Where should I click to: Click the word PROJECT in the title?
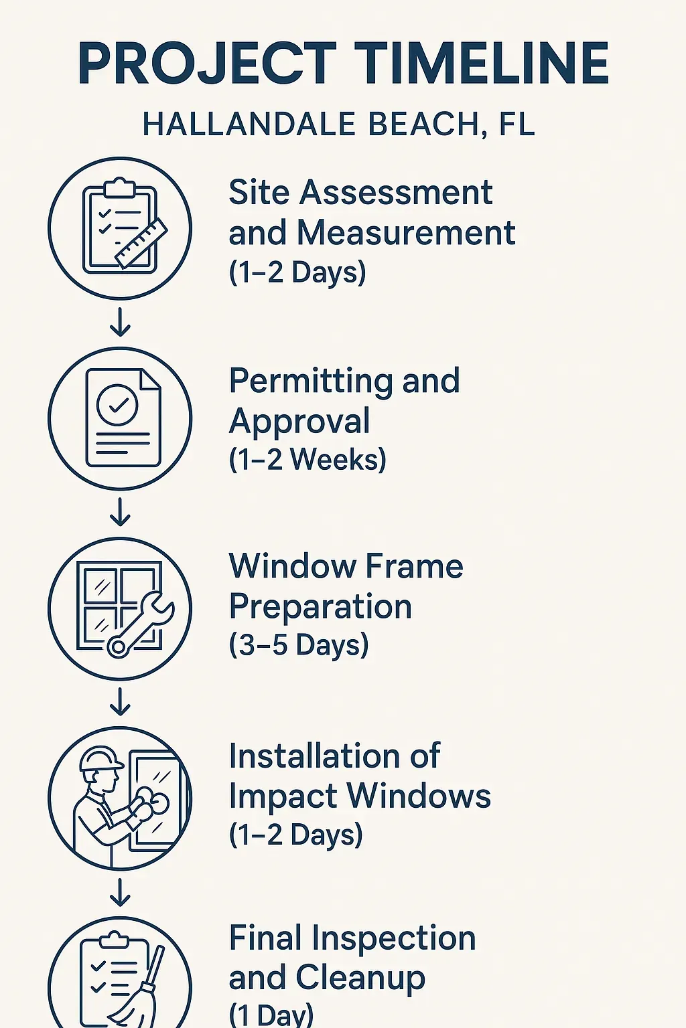206,64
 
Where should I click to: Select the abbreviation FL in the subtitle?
517,124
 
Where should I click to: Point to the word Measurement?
406,233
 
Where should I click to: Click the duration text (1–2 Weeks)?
307,460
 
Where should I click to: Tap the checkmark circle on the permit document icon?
118,404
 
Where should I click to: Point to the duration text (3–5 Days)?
299,645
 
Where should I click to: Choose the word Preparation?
320,607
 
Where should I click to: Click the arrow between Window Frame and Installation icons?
121,701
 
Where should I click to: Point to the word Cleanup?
360,978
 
